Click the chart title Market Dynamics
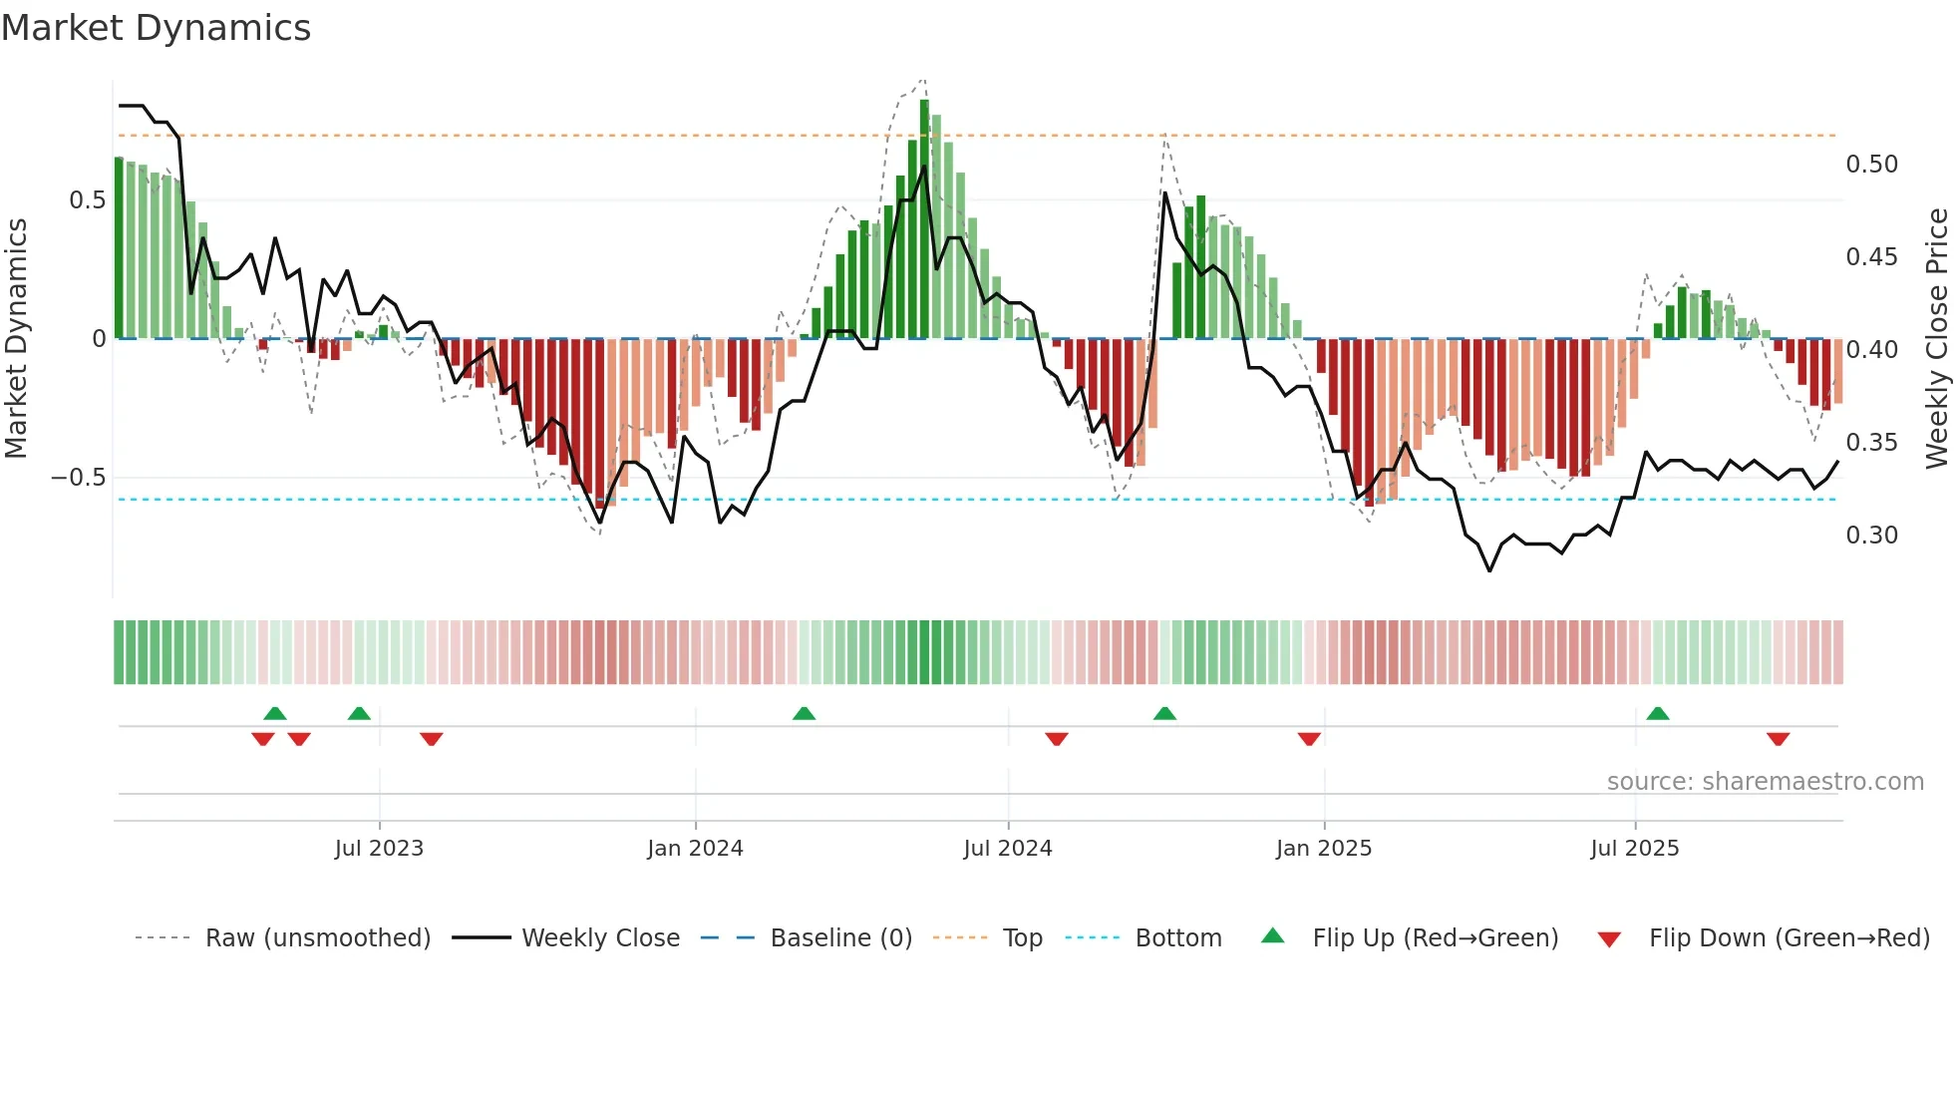click(156, 28)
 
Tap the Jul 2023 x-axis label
click(379, 849)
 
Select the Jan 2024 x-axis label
click(695, 849)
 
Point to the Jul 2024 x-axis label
click(1008, 849)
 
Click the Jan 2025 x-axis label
click(1324, 849)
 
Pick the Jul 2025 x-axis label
click(1635, 849)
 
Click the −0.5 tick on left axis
click(78, 478)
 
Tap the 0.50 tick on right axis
click(1871, 165)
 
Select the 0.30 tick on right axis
click(1871, 536)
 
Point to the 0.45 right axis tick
click(1871, 257)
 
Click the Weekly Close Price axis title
click(1936, 338)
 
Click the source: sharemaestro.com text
click(1765, 782)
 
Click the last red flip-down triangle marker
click(1778, 739)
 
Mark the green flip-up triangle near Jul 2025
click(1658, 713)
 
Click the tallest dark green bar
click(924, 219)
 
